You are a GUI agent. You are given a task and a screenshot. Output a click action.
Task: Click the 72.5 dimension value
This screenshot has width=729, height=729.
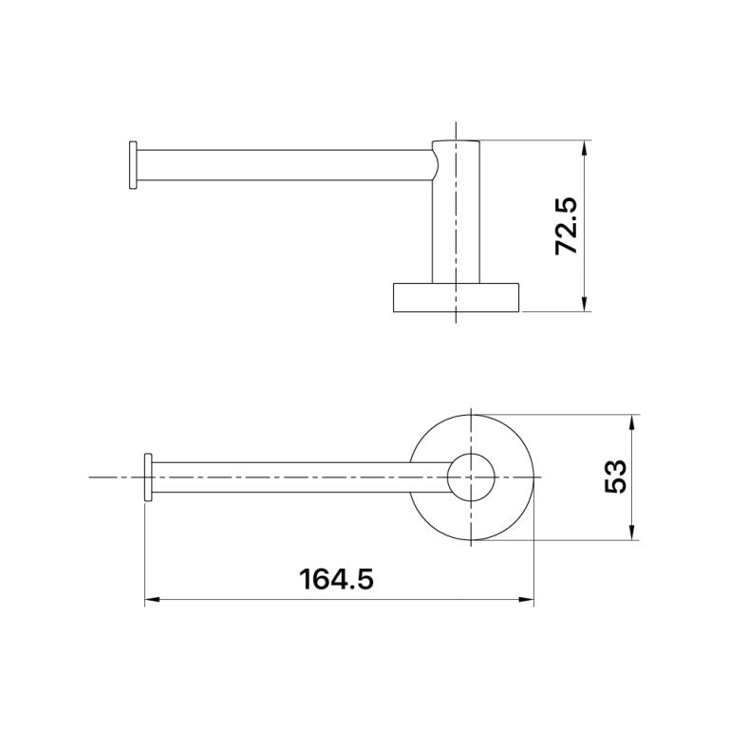point(567,226)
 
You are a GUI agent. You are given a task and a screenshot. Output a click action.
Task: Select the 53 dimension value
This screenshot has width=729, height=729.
point(615,477)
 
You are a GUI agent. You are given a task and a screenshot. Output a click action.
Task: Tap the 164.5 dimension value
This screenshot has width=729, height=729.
point(336,579)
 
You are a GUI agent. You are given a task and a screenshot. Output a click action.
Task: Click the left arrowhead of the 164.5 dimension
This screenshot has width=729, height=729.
point(153,600)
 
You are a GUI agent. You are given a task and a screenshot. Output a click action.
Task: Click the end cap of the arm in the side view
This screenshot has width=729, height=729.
point(133,165)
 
